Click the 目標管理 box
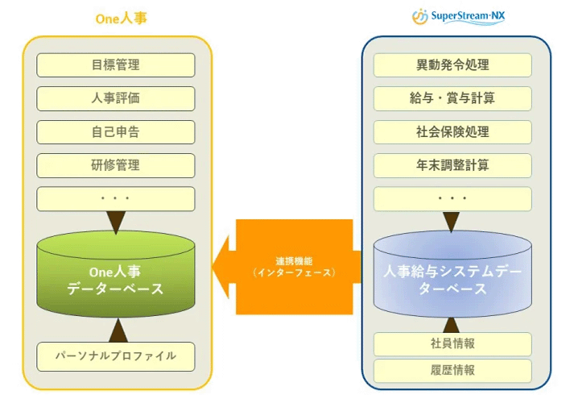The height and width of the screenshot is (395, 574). point(116,65)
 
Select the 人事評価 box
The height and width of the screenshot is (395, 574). point(116,98)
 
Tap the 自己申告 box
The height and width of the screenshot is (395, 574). point(116,132)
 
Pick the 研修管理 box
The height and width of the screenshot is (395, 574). point(116,165)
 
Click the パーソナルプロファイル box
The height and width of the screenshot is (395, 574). point(116,355)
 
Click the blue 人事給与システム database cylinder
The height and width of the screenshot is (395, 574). point(452,274)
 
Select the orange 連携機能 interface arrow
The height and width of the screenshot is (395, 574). point(290,267)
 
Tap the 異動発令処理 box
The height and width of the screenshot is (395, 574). point(452,65)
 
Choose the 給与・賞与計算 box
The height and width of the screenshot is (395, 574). point(452,98)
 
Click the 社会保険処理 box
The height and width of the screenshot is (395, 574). point(452,132)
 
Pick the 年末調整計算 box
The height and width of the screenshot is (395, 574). point(452,165)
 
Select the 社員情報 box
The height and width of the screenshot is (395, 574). point(452,344)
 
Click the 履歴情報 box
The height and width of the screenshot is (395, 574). point(452,371)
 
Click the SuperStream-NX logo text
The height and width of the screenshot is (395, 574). point(469,16)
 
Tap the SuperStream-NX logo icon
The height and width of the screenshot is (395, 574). point(420,16)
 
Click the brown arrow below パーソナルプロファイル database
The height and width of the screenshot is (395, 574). point(118,329)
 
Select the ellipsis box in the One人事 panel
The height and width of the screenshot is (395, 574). point(116,198)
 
